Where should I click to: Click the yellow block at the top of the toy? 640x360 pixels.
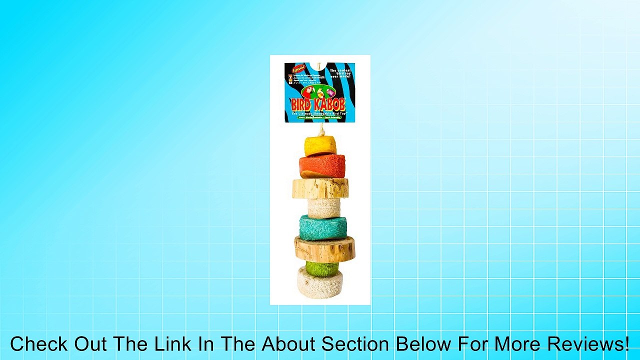(x=320, y=146)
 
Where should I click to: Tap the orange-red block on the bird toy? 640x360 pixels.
(x=322, y=166)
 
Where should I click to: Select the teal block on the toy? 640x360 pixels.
(x=322, y=227)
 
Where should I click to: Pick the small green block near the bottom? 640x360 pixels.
(x=322, y=269)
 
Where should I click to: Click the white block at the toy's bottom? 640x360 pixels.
(x=319, y=283)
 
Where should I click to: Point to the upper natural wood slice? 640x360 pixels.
(x=320, y=188)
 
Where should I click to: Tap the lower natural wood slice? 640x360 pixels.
(x=324, y=248)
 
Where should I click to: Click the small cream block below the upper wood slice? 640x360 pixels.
(x=323, y=208)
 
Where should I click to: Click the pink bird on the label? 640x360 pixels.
(x=331, y=93)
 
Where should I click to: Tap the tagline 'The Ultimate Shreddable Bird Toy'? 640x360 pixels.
(x=320, y=114)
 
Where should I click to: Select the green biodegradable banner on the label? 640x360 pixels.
(x=320, y=118)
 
